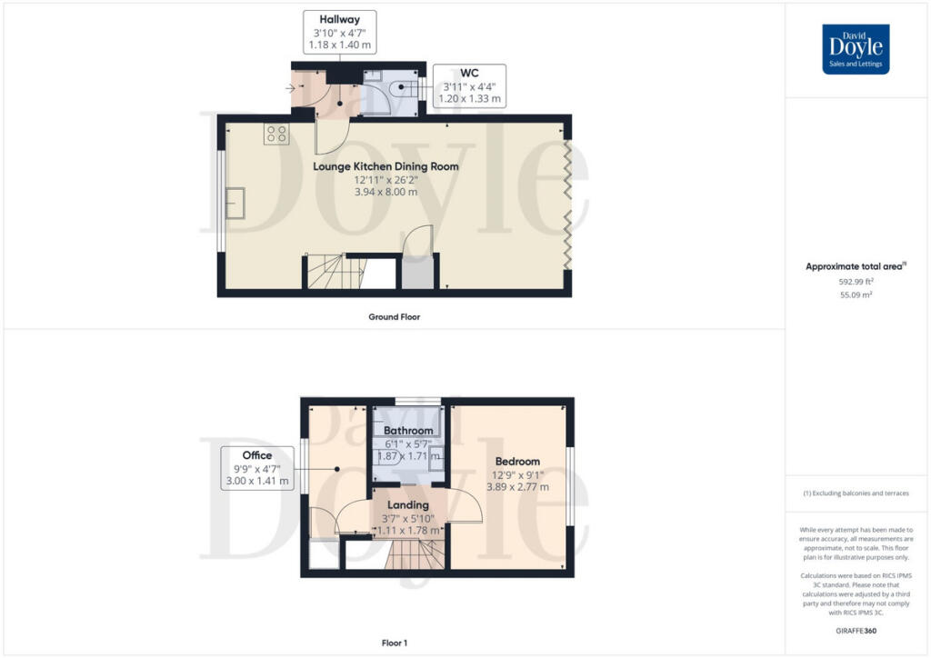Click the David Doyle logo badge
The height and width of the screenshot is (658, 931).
pyautogui.click(x=856, y=49)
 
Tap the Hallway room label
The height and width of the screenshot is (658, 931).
pyautogui.click(x=340, y=20)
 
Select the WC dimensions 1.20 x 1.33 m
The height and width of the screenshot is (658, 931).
pyautogui.click(x=470, y=98)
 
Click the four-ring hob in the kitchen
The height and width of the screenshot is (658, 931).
pyautogui.click(x=276, y=135)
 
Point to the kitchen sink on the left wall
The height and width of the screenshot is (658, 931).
pyautogui.click(x=235, y=204)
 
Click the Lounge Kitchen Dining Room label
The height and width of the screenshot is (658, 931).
pyautogui.click(x=385, y=166)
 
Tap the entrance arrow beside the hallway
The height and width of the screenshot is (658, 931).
pyautogui.click(x=290, y=88)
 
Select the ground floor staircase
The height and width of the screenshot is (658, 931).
pyautogui.click(x=335, y=271)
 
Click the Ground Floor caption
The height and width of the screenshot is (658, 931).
pyautogui.click(x=395, y=317)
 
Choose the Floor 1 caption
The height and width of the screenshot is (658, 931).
pyautogui.click(x=395, y=643)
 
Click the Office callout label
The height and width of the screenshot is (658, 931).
pyautogui.click(x=257, y=455)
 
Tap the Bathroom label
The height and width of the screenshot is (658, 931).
pyautogui.click(x=408, y=430)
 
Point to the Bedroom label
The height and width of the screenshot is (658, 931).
pyautogui.click(x=517, y=461)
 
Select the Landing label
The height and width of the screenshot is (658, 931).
pyautogui.click(x=408, y=505)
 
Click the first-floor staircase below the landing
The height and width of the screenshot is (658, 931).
pyautogui.click(x=415, y=553)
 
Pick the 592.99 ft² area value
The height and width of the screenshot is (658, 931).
pyautogui.click(x=856, y=282)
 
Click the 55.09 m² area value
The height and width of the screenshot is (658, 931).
pyautogui.click(x=856, y=294)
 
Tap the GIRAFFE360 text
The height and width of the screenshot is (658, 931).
pyautogui.click(x=856, y=631)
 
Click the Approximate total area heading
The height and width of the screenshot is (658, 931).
pyautogui.click(x=856, y=266)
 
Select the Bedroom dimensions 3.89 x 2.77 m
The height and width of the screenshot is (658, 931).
pyautogui.click(x=517, y=487)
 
